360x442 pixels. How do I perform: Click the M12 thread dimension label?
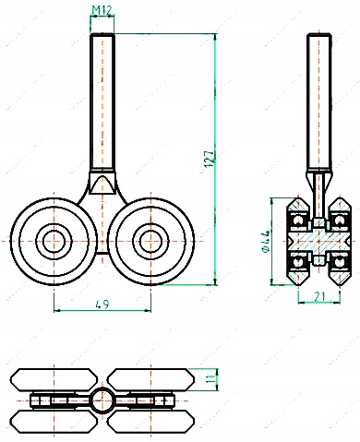click(x=102, y=10)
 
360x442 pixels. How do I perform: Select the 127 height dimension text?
click(x=209, y=159)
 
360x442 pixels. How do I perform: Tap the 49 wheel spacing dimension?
click(x=102, y=305)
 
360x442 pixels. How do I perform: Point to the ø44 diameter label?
click(x=265, y=242)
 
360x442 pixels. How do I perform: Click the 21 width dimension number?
click(x=320, y=296)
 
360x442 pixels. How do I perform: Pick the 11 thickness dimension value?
click(x=210, y=379)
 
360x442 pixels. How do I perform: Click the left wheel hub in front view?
click(x=54, y=241)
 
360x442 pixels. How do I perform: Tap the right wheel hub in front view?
click(x=150, y=241)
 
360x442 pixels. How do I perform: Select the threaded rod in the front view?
click(x=102, y=102)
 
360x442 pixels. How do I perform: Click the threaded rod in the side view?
click(x=318, y=102)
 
